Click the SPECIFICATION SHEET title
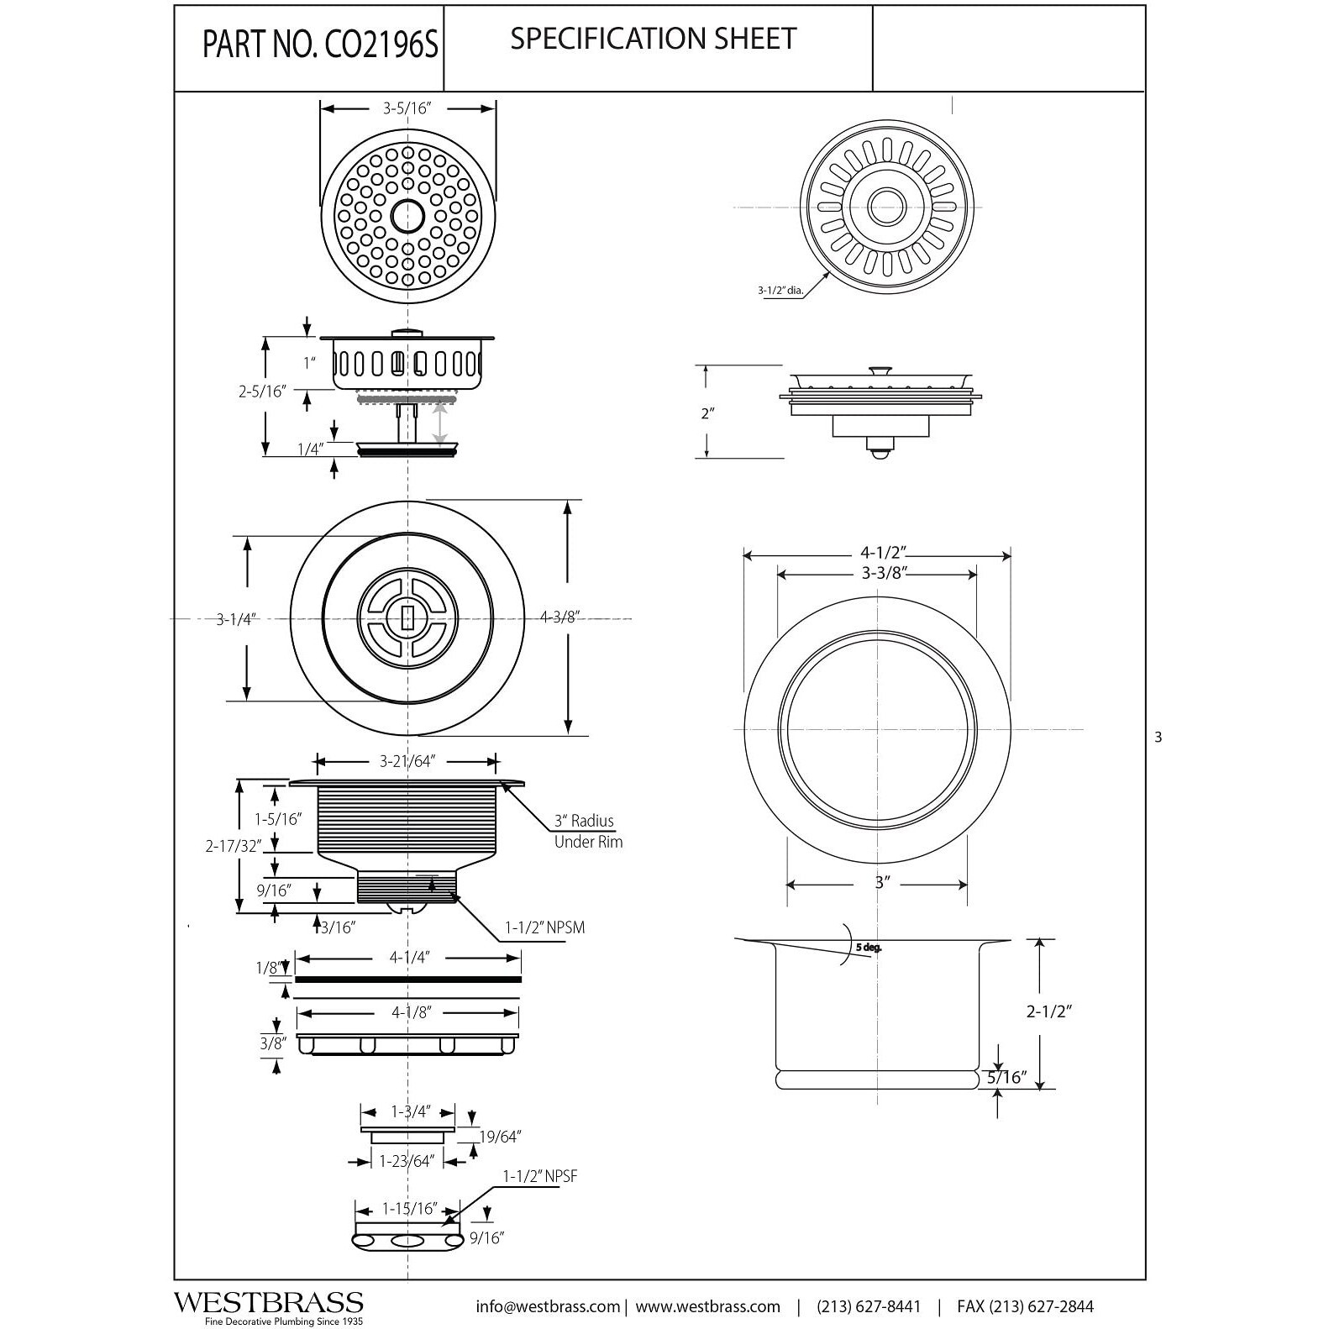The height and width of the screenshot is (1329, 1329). click(653, 39)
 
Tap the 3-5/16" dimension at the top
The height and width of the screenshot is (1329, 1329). click(407, 109)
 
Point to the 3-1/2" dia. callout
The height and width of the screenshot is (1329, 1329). click(780, 292)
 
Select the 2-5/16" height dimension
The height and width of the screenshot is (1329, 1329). click(262, 391)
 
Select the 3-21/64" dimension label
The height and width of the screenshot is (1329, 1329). click(406, 762)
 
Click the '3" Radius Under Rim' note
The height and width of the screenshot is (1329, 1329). click(586, 831)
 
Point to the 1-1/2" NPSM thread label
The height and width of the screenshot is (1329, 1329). click(544, 927)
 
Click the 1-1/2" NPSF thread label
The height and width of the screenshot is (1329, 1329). click(540, 1177)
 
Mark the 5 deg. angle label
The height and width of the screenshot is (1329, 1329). click(869, 948)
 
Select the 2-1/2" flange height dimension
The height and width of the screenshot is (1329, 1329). click(1049, 1011)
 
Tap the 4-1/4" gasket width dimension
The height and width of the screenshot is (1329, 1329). click(409, 958)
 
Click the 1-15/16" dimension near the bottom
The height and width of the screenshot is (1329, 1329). click(410, 1209)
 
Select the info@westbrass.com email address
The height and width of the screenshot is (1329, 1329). click(548, 1306)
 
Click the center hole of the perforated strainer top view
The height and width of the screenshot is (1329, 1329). click(407, 215)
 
